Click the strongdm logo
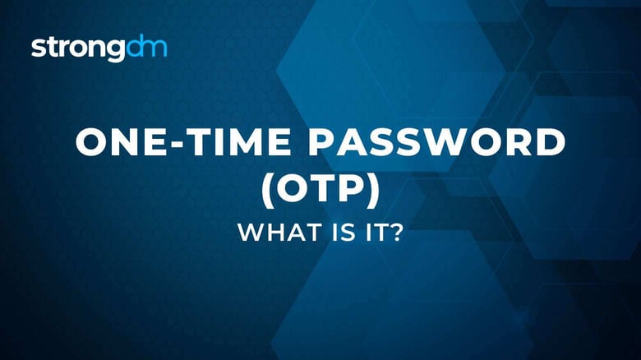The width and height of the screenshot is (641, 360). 99,48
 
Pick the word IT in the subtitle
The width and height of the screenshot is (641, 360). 367,233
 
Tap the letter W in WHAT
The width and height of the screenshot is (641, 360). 249,233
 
